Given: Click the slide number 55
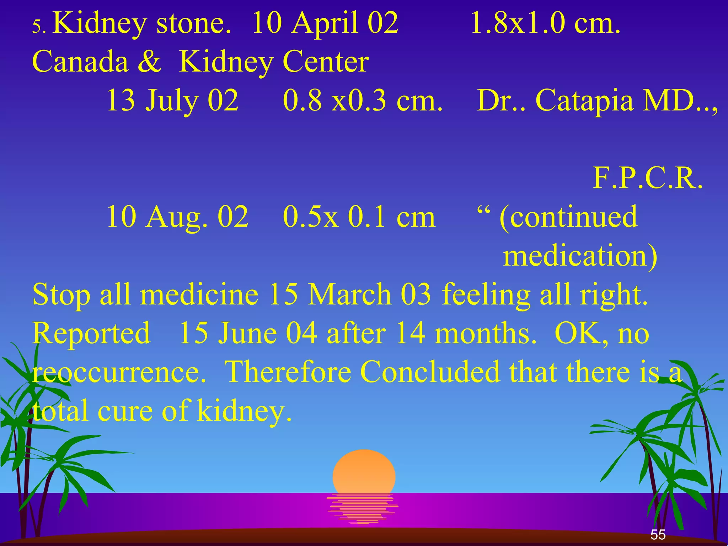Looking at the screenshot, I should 658,535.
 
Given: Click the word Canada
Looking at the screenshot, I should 80,62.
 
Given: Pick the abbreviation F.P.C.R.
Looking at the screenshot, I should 648,178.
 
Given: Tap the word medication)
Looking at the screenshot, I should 580,256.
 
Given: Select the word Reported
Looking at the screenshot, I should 91,333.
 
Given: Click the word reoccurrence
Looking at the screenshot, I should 119,373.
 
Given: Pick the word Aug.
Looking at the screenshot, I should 177,217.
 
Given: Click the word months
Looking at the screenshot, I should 485,333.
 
